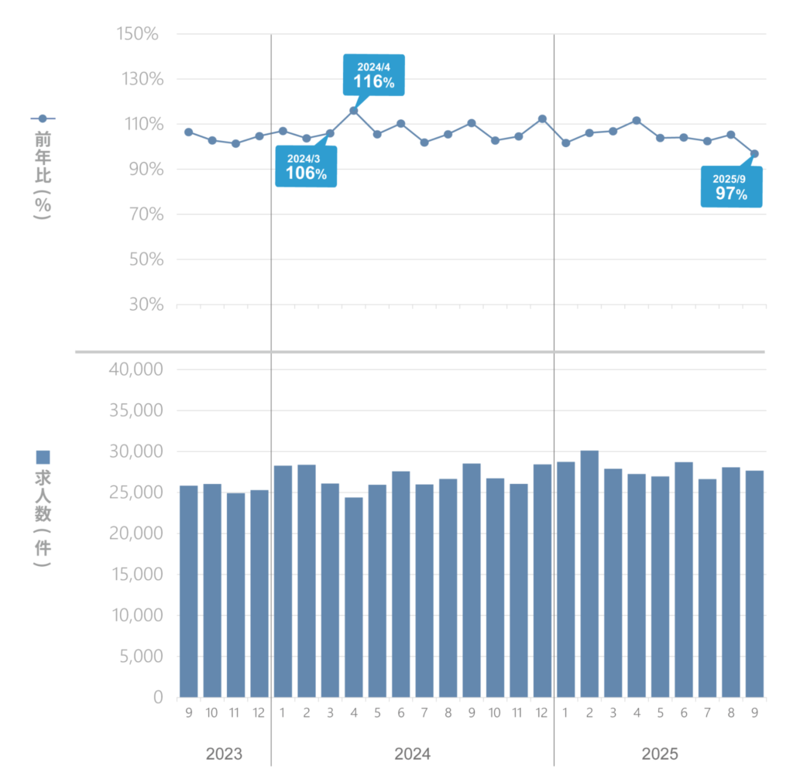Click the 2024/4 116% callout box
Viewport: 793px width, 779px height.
click(x=373, y=74)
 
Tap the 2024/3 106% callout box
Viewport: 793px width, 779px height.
click(x=306, y=166)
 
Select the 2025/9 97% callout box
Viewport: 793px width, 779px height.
click(x=731, y=187)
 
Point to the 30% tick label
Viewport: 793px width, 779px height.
click(x=142, y=304)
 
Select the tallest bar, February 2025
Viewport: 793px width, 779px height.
click(x=589, y=573)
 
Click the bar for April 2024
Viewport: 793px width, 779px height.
click(x=353, y=596)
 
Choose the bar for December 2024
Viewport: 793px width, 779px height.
click(x=542, y=581)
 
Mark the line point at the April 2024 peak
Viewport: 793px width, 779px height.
click(x=353, y=110)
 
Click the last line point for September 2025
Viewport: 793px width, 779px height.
click(x=754, y=153)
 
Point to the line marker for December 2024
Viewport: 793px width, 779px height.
click(x=542, y=118)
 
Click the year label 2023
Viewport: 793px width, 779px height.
click(x=224, y=754)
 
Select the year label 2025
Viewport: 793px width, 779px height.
click(x=660, y=754)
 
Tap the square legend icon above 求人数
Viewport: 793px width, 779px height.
click(x=43, y=457)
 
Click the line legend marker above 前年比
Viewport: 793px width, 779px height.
click(x=43, y=118)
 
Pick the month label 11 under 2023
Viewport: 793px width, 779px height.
click(x=235, y=712)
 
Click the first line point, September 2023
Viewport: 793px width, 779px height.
click(x=188, y=132)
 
